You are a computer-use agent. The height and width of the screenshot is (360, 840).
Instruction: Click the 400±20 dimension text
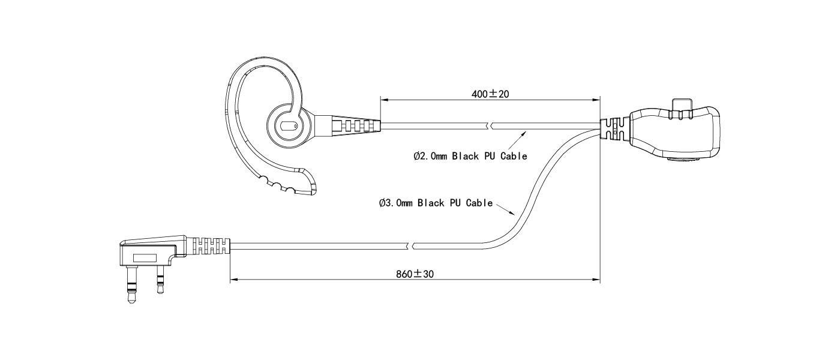coord(490,94)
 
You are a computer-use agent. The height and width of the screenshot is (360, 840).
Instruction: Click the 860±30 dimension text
coord(415,274)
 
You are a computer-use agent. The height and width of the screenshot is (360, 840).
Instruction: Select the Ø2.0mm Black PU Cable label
coord(470,156)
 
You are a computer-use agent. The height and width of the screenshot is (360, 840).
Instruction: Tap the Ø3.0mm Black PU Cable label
coord(436,203)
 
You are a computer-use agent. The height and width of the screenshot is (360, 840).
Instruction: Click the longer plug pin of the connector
coord(131,284)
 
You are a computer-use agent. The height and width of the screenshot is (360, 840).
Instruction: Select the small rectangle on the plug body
coord(145,258)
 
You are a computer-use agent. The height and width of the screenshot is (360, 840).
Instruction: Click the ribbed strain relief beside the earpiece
coord(356,124)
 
